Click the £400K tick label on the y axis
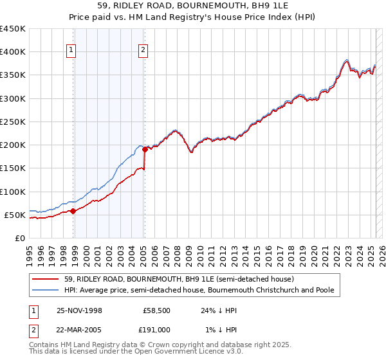coord(13,52)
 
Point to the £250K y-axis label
coord(13,122)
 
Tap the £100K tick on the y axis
coord(13,192)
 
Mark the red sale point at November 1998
coord(73,211)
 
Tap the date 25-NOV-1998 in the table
coord(79,310)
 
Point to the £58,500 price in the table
coord(157,310)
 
